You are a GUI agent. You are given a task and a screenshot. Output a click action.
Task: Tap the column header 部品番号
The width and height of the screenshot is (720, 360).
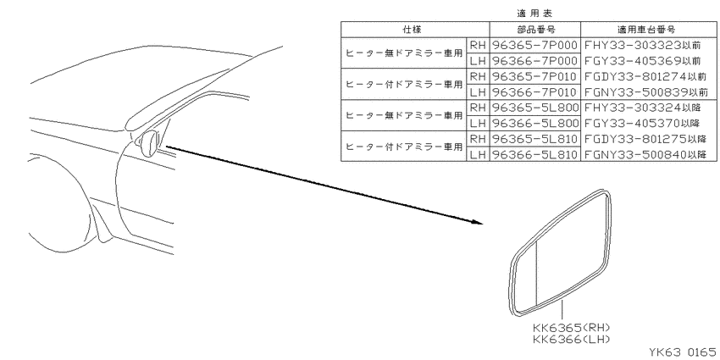pos(536,30)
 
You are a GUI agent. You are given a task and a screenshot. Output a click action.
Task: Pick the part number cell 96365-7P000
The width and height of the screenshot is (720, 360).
pos(534,45)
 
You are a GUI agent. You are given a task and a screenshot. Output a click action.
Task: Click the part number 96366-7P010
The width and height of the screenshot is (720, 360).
pos(534,91)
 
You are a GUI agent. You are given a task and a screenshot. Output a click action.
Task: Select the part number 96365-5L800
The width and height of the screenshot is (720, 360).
pos(534,108)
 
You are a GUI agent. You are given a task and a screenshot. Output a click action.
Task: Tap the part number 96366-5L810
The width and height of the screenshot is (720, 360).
pos(534,155)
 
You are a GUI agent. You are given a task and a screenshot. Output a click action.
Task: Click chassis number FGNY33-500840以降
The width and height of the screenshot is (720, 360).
pos(651,155)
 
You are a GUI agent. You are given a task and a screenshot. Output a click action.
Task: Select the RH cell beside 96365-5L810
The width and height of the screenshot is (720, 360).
pos(478,139)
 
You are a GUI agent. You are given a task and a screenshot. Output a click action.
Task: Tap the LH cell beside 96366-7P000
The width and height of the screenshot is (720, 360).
pos(478,61)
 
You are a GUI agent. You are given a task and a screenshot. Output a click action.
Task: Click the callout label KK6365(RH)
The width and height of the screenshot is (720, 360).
pos(571,328)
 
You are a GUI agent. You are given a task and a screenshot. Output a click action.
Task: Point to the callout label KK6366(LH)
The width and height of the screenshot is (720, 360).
pos(571,340)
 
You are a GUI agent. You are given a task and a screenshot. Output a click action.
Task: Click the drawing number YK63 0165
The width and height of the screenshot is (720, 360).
pos(682,352)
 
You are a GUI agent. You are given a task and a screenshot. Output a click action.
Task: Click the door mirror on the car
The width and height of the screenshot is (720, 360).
pos(149,143)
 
